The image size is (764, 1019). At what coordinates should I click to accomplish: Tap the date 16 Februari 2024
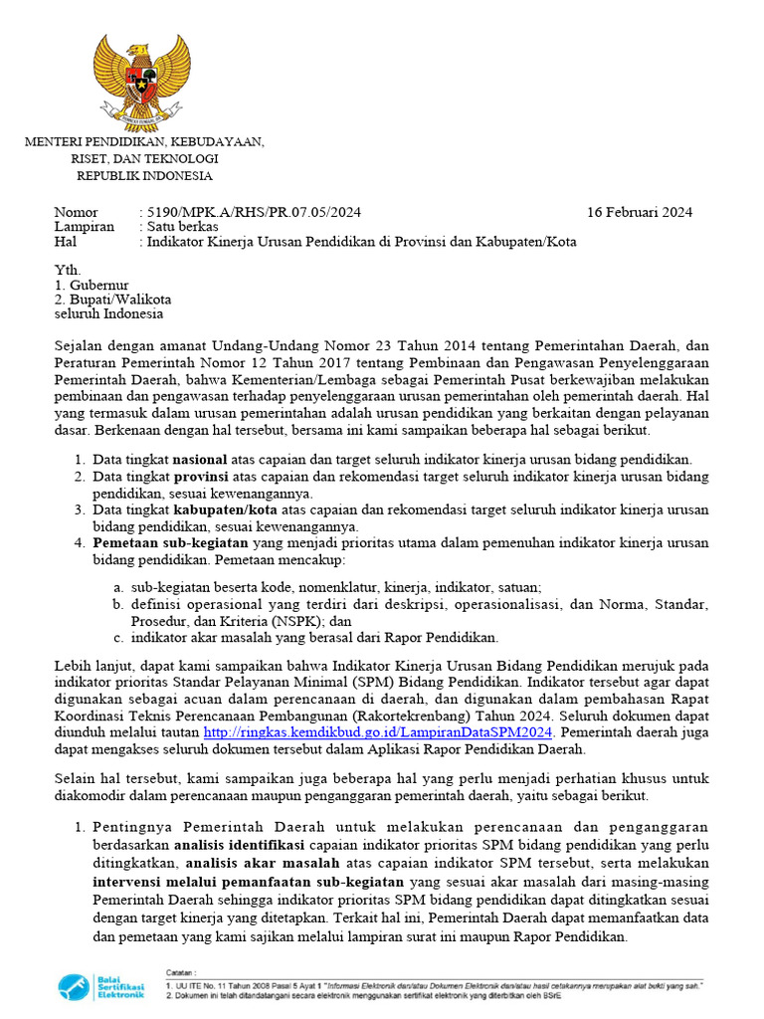pos(640,212)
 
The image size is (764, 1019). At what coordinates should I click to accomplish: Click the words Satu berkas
pos(183,227)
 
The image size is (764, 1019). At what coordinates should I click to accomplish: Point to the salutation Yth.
pos(67,270)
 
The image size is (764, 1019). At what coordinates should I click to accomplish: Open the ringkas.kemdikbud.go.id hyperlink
pos(377,731)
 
